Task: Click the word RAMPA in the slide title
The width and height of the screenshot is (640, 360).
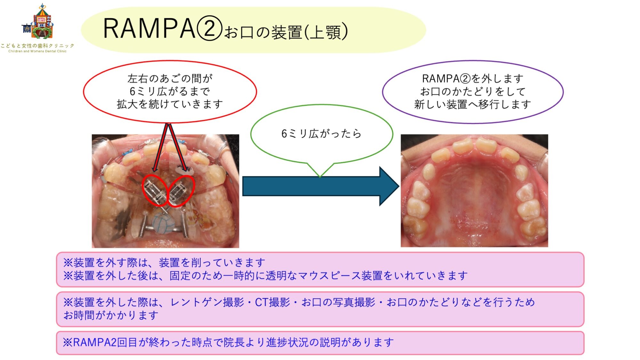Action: (149, 28)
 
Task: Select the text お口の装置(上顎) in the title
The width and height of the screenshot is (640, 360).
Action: (286, 32)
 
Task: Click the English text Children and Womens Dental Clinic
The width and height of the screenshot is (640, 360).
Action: (37, 51)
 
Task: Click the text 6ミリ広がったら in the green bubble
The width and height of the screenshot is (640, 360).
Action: (321, 133)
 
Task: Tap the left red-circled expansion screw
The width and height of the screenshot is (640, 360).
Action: (155, 191)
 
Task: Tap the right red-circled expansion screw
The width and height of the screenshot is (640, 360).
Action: (181, 191)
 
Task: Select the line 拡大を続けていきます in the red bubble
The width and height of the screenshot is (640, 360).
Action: (170, 104)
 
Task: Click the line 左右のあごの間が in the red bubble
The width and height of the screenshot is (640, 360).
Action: (170, 78)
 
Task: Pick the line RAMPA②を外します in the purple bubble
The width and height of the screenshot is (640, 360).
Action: (473, 78)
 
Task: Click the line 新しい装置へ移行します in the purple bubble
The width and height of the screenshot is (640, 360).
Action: (473, 104)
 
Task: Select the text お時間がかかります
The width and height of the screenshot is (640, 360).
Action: (111, 315)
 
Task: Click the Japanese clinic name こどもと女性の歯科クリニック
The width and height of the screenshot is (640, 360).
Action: (37, 46)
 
